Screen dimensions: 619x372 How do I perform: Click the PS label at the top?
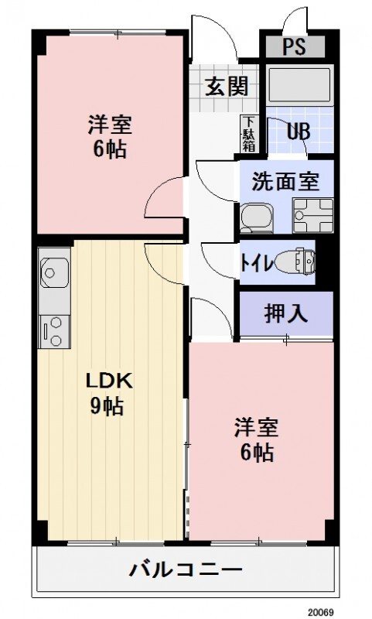point(293,47)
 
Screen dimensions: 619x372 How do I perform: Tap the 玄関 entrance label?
point(226,87)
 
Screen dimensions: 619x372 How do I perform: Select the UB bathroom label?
point(299,131)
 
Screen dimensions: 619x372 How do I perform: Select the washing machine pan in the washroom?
point(312,216)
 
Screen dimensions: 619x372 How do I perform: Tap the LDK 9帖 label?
point(109,393)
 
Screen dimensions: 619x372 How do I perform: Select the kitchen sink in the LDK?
point(53,272)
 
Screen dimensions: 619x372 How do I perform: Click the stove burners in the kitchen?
point(54,330)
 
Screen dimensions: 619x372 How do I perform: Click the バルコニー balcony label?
point(186,572)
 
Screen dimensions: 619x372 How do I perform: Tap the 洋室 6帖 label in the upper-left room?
point(108,135)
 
